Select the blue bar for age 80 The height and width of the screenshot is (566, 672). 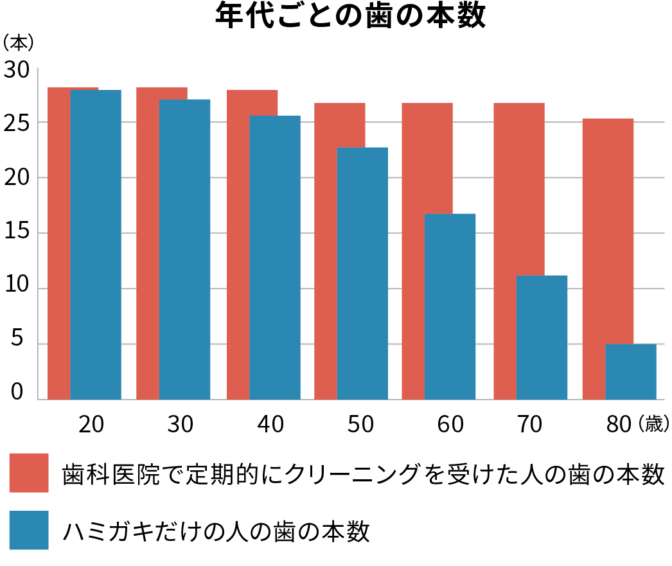(630, 371)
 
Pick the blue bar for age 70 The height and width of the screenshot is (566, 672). (542, 337)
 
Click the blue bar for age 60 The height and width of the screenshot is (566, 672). (450, 306)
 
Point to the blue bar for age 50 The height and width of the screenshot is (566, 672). (362, 273)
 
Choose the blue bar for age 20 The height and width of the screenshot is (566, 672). (96, 244)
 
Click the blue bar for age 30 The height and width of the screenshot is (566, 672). (184, 249)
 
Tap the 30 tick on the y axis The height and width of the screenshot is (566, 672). (18, 69)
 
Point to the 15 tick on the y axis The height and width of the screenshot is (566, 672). (18, 233)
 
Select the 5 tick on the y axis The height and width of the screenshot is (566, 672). (18, 342)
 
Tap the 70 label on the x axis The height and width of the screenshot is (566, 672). (528, 425)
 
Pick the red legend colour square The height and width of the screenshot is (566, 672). (29, 473)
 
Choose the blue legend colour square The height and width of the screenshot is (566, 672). (29, 530)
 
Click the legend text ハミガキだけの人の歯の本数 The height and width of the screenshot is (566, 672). (216, 531)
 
